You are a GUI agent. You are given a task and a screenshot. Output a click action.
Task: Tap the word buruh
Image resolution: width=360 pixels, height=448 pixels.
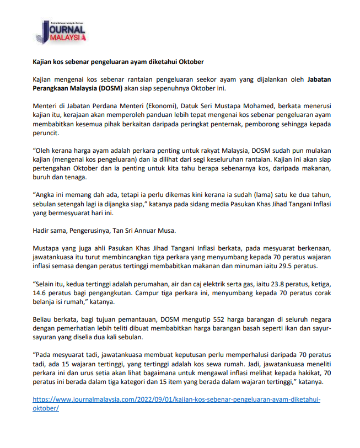[44, 177]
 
